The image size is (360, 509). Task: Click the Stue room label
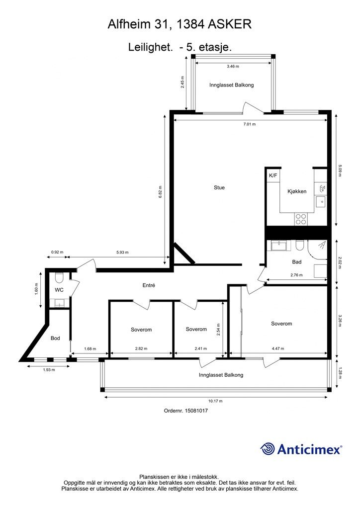pos(219,187)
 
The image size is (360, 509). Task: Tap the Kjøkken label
pos(297,191)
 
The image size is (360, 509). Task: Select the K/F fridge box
pos(273,175)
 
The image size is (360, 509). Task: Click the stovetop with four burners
pos(301,219)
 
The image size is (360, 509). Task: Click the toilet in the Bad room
pos(300,246)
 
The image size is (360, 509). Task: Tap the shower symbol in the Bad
pos(322,245)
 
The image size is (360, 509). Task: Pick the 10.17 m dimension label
pos(215,401)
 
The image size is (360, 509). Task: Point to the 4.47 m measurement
pos(278,348)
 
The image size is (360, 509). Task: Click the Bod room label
pos(55,338)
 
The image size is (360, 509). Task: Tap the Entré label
pos(149,285)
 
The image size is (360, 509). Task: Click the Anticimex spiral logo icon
pos(268,449)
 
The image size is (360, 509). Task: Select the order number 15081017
pos(196,411)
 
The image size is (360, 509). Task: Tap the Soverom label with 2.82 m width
pos(141,330)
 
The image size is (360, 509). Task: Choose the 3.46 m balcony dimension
pos(233,66)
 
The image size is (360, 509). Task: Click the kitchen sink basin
pos(321,202)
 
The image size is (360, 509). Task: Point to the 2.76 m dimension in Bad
pos(296,275)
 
